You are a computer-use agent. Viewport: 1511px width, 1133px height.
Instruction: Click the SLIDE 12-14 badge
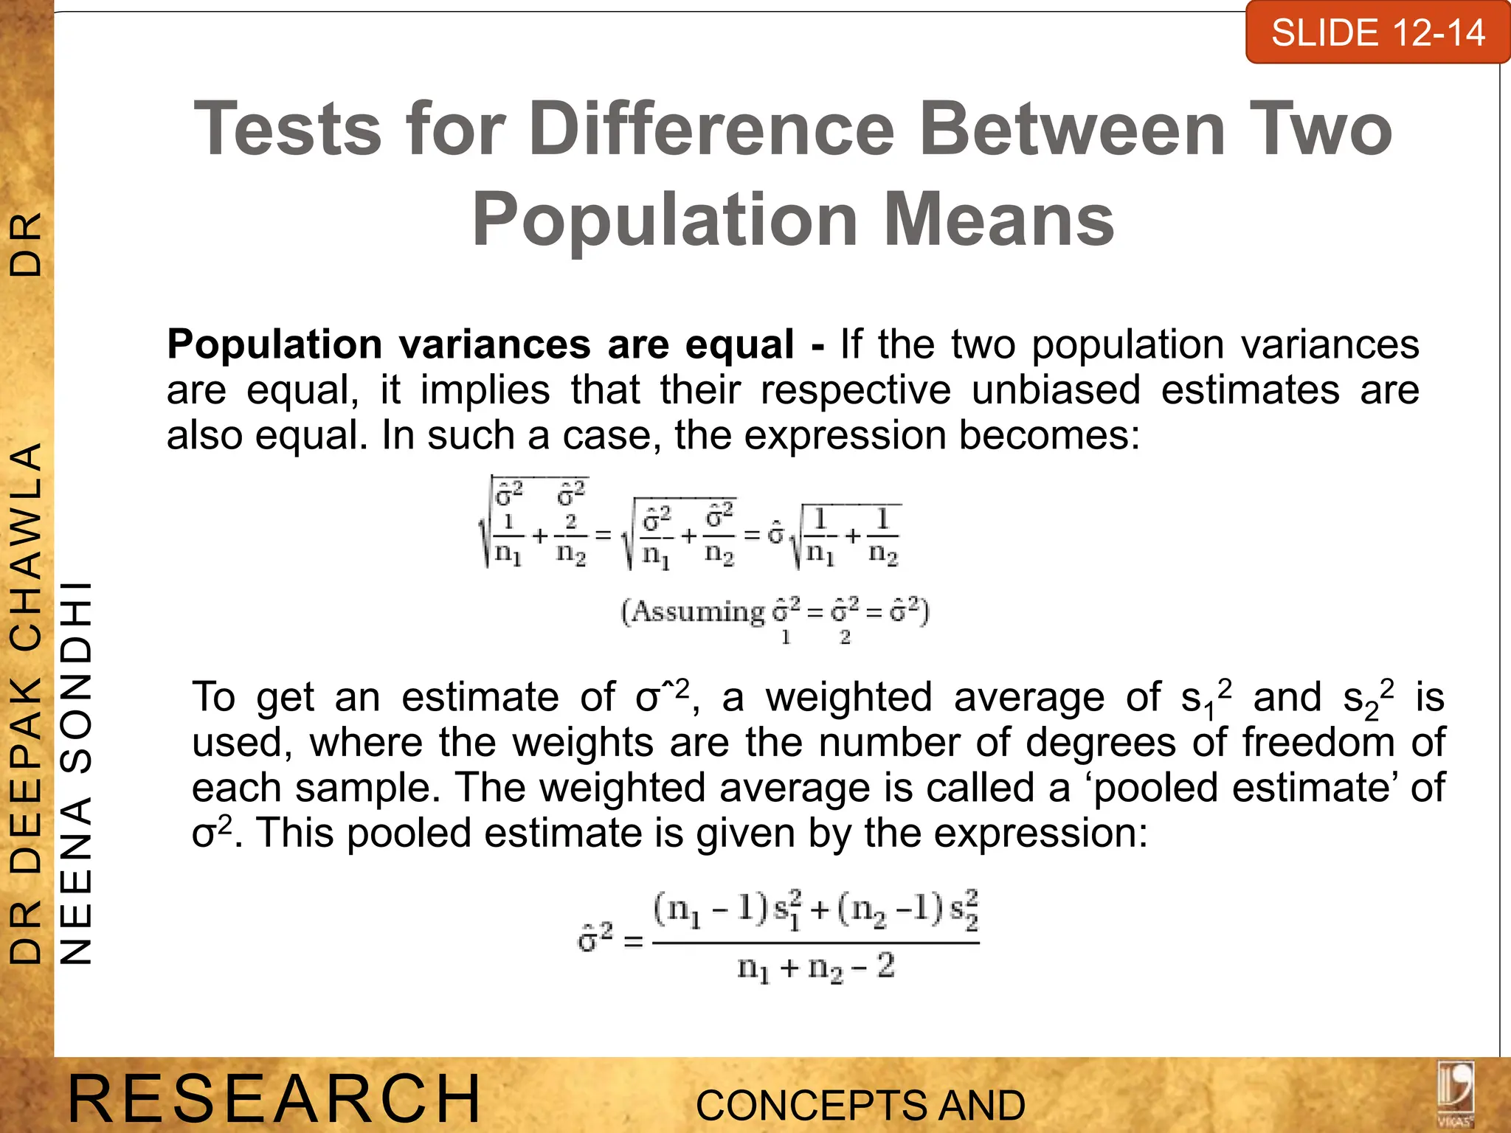pos(1377,33)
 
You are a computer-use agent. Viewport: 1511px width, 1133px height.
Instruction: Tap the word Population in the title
pos(665,220)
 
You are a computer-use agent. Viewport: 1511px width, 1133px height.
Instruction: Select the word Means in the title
pos(999,220)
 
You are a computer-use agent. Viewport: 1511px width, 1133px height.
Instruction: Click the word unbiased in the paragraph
pos(1056,390)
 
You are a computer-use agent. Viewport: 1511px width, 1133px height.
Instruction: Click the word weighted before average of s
pos(848,697)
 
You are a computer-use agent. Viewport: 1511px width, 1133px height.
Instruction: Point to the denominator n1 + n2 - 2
pos(816,967)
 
